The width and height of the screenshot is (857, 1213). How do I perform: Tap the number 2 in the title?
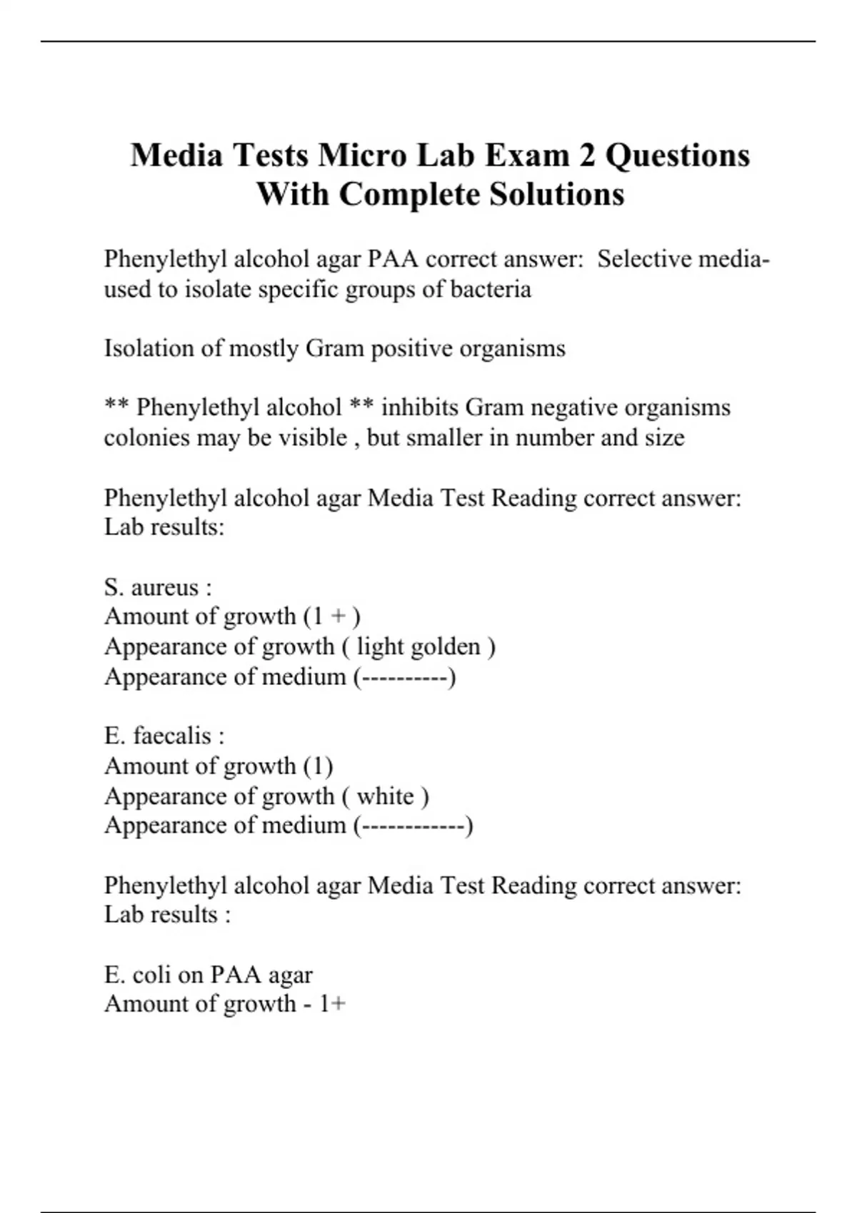click(x=586, y=155)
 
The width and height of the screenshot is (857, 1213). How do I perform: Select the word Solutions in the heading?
click(x=556, y=194)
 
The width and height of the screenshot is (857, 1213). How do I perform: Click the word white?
click(x=386, y=796)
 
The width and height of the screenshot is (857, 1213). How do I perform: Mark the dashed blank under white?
click(x=414, y=826)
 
